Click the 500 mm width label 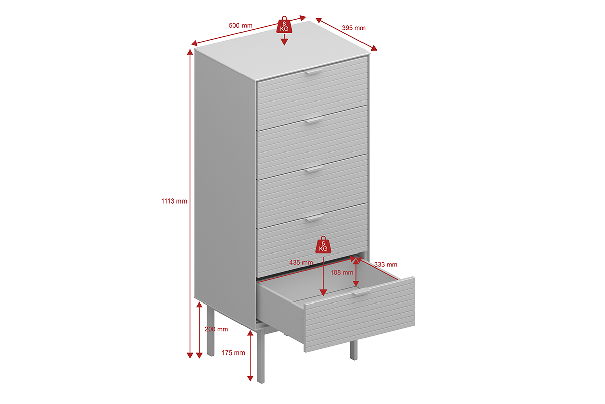pyautogui.click(x=240, y=25)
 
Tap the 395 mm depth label pyautogui.click(x=353, y=28)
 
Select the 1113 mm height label pyautogui.click(x=174, y=201)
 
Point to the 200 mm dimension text pyautogui.click(x=216, y=329)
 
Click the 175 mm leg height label pyautogui.click(x=233, y=352)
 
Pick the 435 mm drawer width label pyautogui.click(x=301, y=262)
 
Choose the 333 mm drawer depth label pyautogui.click(x=385, y=265)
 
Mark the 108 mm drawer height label pyautogui.click(x=342, y=273)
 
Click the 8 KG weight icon pyautogui.click(x=284, y=25)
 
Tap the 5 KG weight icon pyautogui.click(x=323, y=245)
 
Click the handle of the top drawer pyautogui.click(x=314, y=71)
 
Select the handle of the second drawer pyautogui.click(x=314, y=120)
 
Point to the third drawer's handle pyautogui.click(x=314, y=169)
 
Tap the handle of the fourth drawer pyautogui.click(x=314, y=218)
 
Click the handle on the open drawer pyautogui.click(x=361, y=292)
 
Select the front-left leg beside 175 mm pyautogui.click(x=261, y=357)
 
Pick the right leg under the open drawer pyautogui.click(x=353, y=350)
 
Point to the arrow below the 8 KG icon pyautogui.click(x=284, y=39)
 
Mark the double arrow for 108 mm pyautogui.click(x=356, y=272)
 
